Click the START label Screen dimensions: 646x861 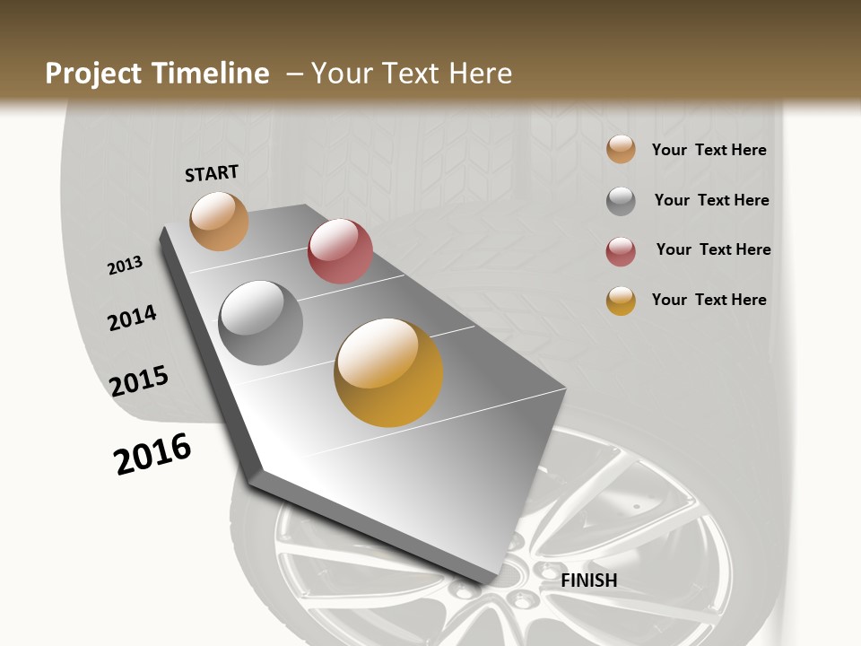click(x=212, y=173)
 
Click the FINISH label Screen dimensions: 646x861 click(x=588, y=581)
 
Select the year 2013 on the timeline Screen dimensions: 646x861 click(x=126, y=266)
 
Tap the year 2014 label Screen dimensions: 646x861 click(x=132, y=318)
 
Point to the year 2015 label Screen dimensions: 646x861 click(x=139, y=381)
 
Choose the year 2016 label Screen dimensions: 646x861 click(x=152, y=454)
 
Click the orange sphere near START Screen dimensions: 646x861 click(x=219, y=221)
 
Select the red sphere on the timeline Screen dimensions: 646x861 click(x=340, y=251)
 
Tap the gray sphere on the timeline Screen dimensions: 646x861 click(x=261, y=323)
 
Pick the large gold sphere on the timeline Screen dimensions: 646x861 click(x=388, y=372)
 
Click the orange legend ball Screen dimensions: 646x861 click(x=621, y=150)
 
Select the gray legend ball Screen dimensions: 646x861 click(x=621, y=201)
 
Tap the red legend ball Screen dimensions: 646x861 click(x=621, y=251)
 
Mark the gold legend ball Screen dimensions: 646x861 click(x=621, y=301)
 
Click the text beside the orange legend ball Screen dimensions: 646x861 click(x=709, y=150)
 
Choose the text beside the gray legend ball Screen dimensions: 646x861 click(x=711, y=200)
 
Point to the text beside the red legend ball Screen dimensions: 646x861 click(x=713, y=249)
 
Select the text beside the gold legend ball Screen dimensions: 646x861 click(x=709, y=300)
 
